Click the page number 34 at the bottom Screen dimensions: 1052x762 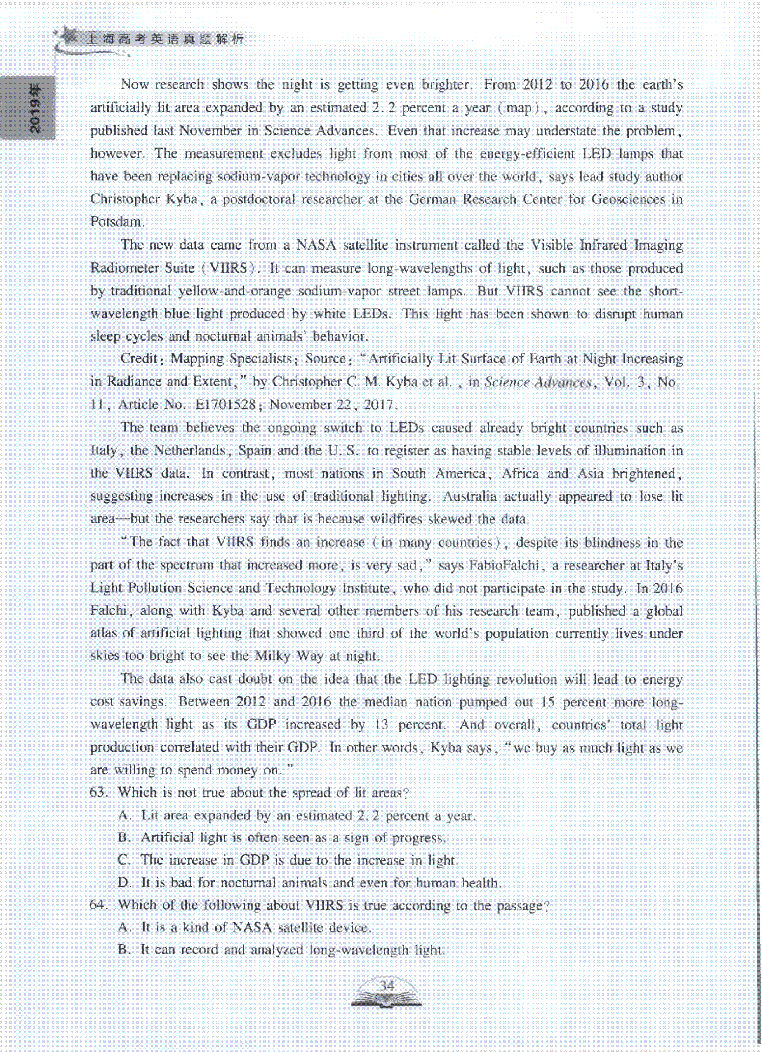point(387,985)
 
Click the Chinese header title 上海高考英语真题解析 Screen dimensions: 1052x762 point(164,39)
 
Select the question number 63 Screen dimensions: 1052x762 point(98,792)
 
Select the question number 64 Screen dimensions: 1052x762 point(98,905)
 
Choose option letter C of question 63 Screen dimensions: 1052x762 point(124,860)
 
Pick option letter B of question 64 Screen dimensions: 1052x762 point(124,950)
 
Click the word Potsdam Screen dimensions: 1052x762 point(116,222)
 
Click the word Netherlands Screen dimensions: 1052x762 point(190,450)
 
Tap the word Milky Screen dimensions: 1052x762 point(272,656)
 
